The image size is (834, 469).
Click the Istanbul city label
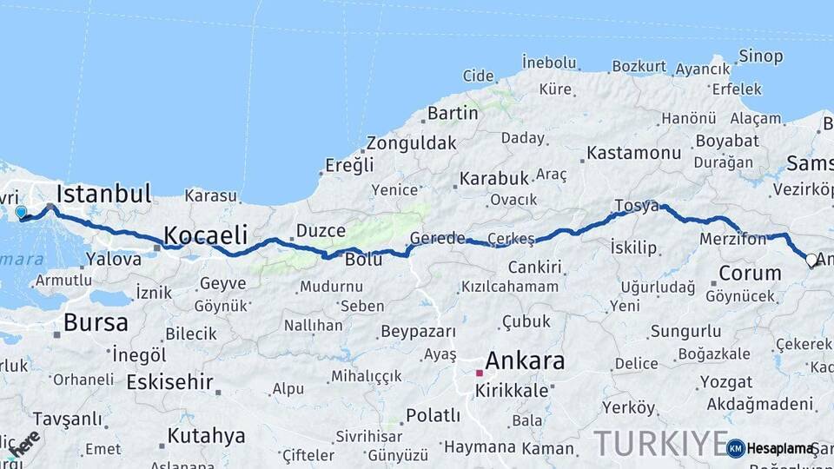pos(104,193)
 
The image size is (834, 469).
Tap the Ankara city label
pos(525,361)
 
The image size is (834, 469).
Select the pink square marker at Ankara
pos(479,373)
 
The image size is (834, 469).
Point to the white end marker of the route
pos(811,260)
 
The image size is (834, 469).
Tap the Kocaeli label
pos(206,235)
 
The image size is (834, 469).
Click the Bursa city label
pos(96,324)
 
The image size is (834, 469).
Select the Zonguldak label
pos(411,143)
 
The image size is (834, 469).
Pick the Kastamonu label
pos(634,153)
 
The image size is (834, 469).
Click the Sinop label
pos(761,56)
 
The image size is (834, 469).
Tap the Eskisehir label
pos(169,382)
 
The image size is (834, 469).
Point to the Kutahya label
pos(206,435)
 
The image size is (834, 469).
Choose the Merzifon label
pos(733,239)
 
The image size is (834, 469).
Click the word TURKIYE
pos(660,444)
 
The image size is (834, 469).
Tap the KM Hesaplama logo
pos(771,448)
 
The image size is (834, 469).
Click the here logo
pos(23,443)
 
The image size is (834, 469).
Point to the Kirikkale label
pos(512,391)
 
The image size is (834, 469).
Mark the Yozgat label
pos(726,382)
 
